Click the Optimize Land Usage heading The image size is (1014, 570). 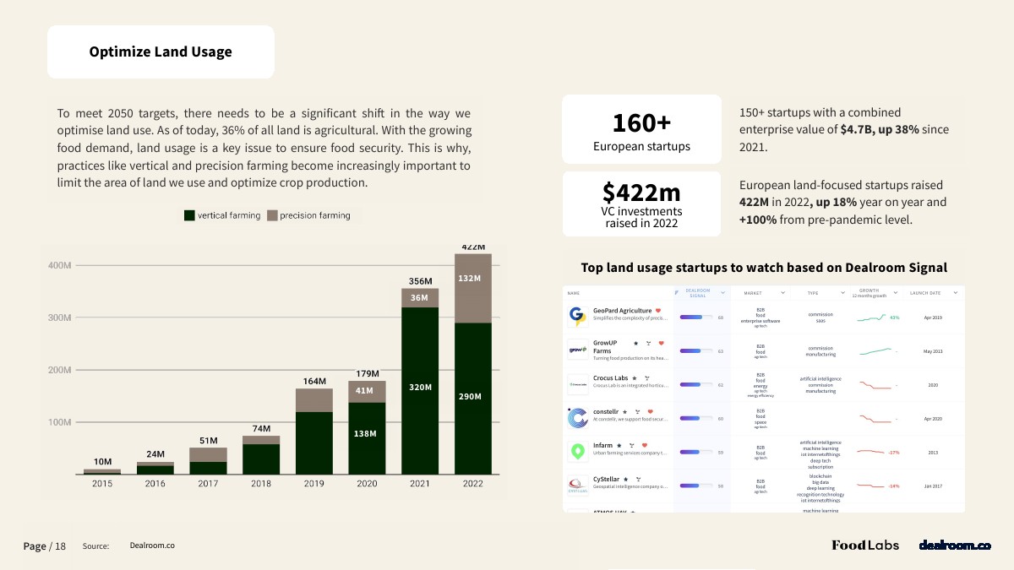(x=161, y=52)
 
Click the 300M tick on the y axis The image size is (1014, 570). (x=60, y=318)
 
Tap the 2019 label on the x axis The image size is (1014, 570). (x=314, y=484)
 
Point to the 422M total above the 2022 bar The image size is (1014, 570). (x=473, y=247)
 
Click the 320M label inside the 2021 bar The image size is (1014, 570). (x=421, y=387)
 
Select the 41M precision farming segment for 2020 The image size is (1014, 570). (x=364, y=390)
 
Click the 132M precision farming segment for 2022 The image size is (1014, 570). (x=469, y=278)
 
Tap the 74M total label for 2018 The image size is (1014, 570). (x=261, y=429)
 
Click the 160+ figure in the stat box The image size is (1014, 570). (x=641, y=123)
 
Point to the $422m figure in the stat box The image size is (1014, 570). (x=641, y=192)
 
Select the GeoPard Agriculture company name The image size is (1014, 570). (x=622, y=311)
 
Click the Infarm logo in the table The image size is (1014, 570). (x=578, y=451)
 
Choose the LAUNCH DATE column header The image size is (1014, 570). (x=924, y=293)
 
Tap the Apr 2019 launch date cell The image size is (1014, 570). (x=933, y=318)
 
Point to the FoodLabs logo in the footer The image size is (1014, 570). (x=865, y=546)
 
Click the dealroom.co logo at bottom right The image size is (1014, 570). (x=955, y=546)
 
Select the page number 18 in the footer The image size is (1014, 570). (x=60, y=546)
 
